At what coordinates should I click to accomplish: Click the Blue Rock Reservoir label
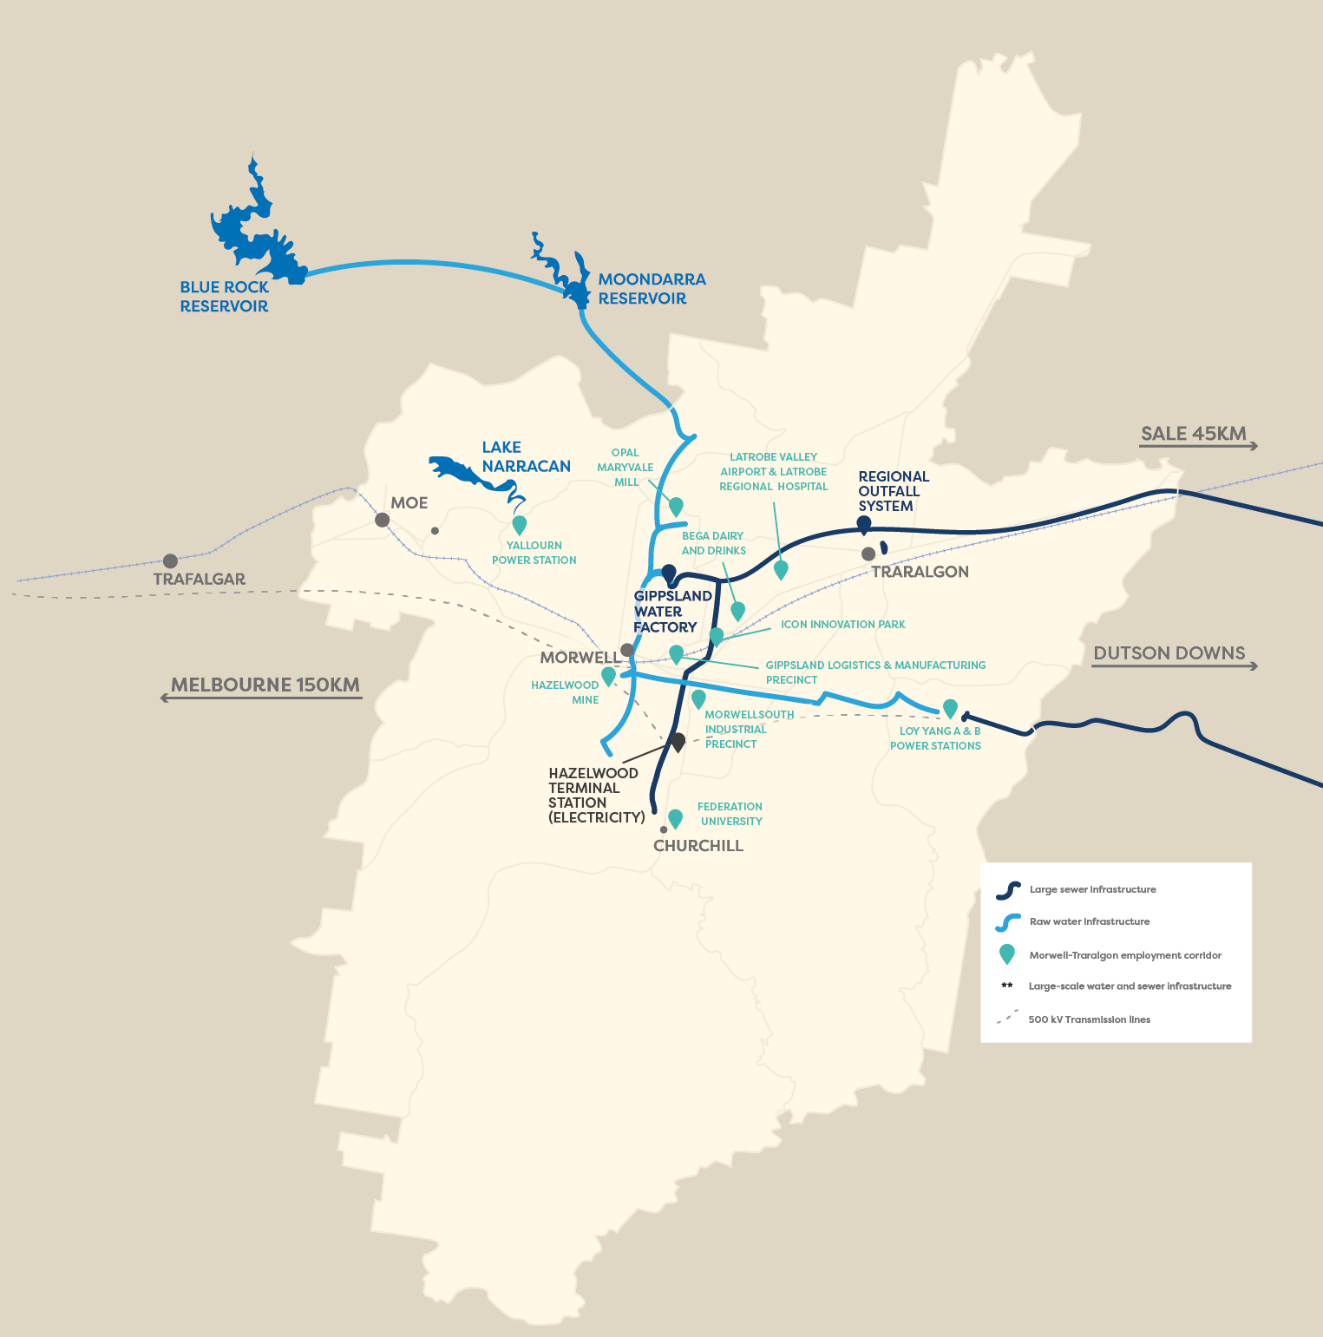pyautogui.click(x=224, y=296)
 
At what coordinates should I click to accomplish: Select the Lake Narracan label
pyautogui.click(x=526, y=456)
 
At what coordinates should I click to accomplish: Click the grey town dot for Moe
pyautogui.click(x=382, y=520)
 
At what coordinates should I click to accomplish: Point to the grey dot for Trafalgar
pyautogui.click(x=170, y=561)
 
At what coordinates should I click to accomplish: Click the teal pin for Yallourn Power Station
pyautogui.click(x=520, y=524)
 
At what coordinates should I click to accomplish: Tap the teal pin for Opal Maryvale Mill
pyautogui.click(x=676, y=506)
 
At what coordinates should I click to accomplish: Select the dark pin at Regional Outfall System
pyautogui.click(x=864, y=523)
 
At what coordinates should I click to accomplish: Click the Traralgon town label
pyautogui.click(x=920, y=572)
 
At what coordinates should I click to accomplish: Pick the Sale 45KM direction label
pyautogui.click(x=1193, y=434)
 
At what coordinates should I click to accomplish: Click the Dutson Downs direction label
pyautogui.click(x=1169, y=653)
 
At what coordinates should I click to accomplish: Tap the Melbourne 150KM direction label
pyautogui.click(x=265, y=685)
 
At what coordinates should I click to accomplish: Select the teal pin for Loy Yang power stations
pyautogui.click(x=950, y=708)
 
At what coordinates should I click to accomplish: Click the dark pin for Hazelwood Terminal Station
pyautogui.click(x=678, y=741)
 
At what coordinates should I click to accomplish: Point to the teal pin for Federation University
pyautogui.click(x=675, y=817)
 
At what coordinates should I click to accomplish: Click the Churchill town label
pyautogui.click(x=698, y=846)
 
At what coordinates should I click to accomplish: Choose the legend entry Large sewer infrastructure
pyautogui.click(x=1092, y=889)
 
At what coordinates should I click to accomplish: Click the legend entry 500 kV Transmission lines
pyautogui.click(x=1089, y=1019)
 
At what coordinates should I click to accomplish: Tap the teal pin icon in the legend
pyautogui.click(x=1007, y=954)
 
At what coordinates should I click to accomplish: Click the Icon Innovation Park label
pyautogui.click(x=842, y=625)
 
